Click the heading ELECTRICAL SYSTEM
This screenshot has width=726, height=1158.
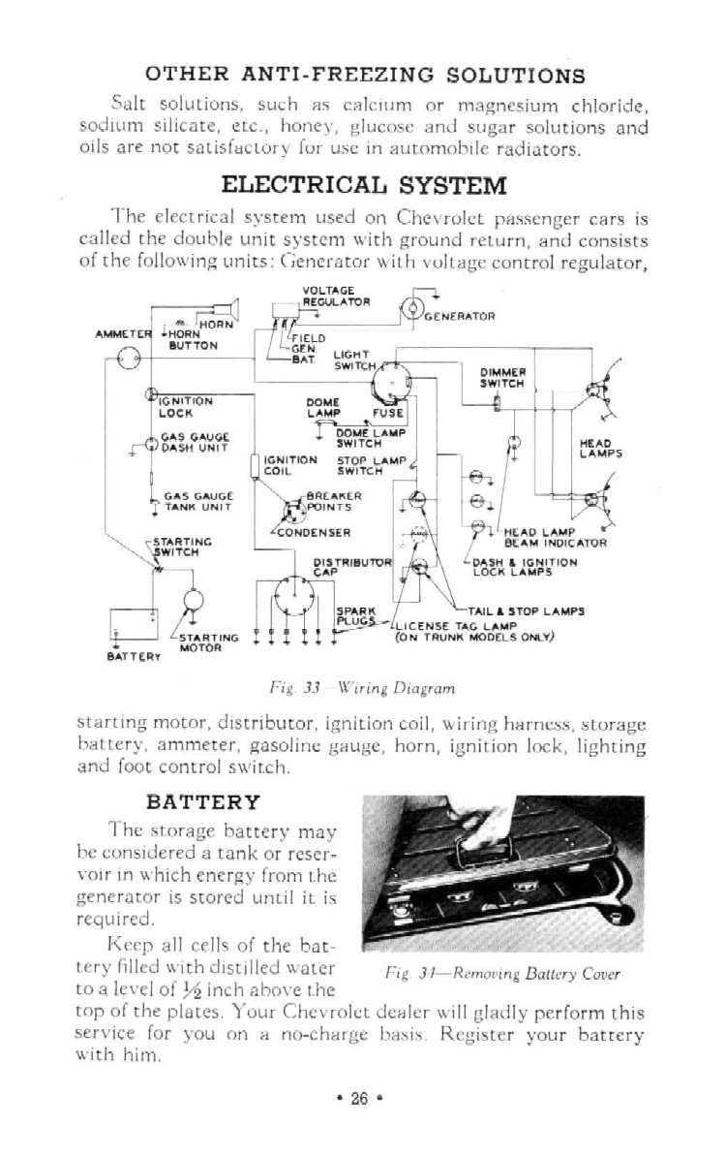point(363,184)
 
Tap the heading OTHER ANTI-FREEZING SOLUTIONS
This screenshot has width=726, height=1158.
point(365,75)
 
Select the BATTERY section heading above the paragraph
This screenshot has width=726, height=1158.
point(203,801)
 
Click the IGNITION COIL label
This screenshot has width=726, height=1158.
point(289,465)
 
